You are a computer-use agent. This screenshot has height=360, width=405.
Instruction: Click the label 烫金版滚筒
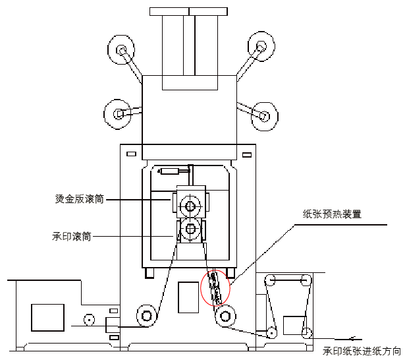(x=79, y=198)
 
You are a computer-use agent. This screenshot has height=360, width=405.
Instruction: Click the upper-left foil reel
(x=122, y=50)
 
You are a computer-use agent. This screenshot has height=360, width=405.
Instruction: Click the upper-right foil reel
(x=261, y=47)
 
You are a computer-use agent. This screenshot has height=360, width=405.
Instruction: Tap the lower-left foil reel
(x=119, y=114)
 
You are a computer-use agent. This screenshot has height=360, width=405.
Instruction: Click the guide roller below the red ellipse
(x=226, y=316)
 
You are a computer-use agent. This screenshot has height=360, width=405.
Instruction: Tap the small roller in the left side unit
(x=87, y=322)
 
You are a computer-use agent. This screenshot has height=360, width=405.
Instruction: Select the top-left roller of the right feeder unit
(x=269, y=282)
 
